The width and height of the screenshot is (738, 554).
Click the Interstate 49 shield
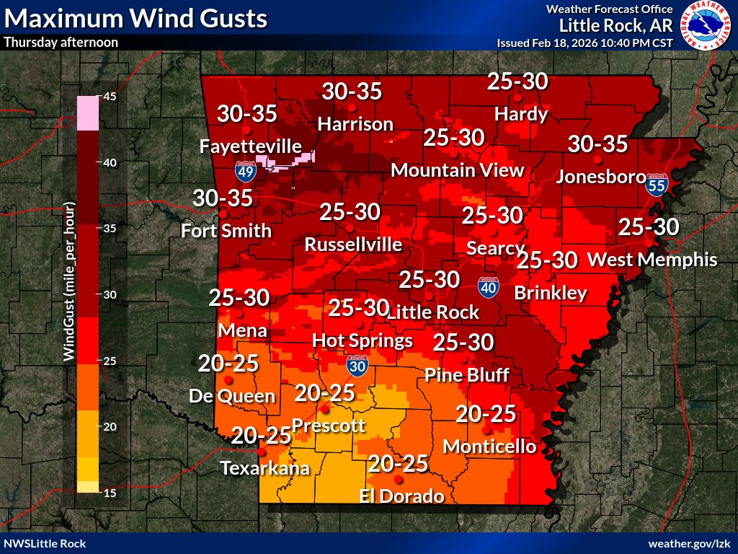pyautogui.click(x=246, y=171)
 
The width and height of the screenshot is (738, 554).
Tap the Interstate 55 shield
pyautogui.click(x=656, y=185)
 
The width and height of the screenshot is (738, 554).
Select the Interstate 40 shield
pyautogui.click(x=489, y=286)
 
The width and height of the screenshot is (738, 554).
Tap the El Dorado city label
pyautogui.click(x=402, y=496)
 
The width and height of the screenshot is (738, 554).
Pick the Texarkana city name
pyautogui.click(x=264, y=467)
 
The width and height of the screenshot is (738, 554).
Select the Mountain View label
pyautogui.click(x=457, y=170)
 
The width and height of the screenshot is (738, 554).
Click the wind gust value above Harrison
pyautogui.click(x=352, y=92)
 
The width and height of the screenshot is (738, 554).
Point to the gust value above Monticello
pyautogui.click(x=486, y=413)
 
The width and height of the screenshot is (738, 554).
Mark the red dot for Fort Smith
pyautogui.click(x=223, y=214)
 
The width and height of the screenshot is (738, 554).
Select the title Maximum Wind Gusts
pyautogui.click(x=135, y=17)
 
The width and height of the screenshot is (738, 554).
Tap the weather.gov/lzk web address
pyautogui.click(x=690, y=543)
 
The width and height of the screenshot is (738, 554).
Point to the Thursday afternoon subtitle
pyautogui.click(x=61, y=42)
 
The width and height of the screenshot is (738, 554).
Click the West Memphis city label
pyautogui.click(x=653, y=259)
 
